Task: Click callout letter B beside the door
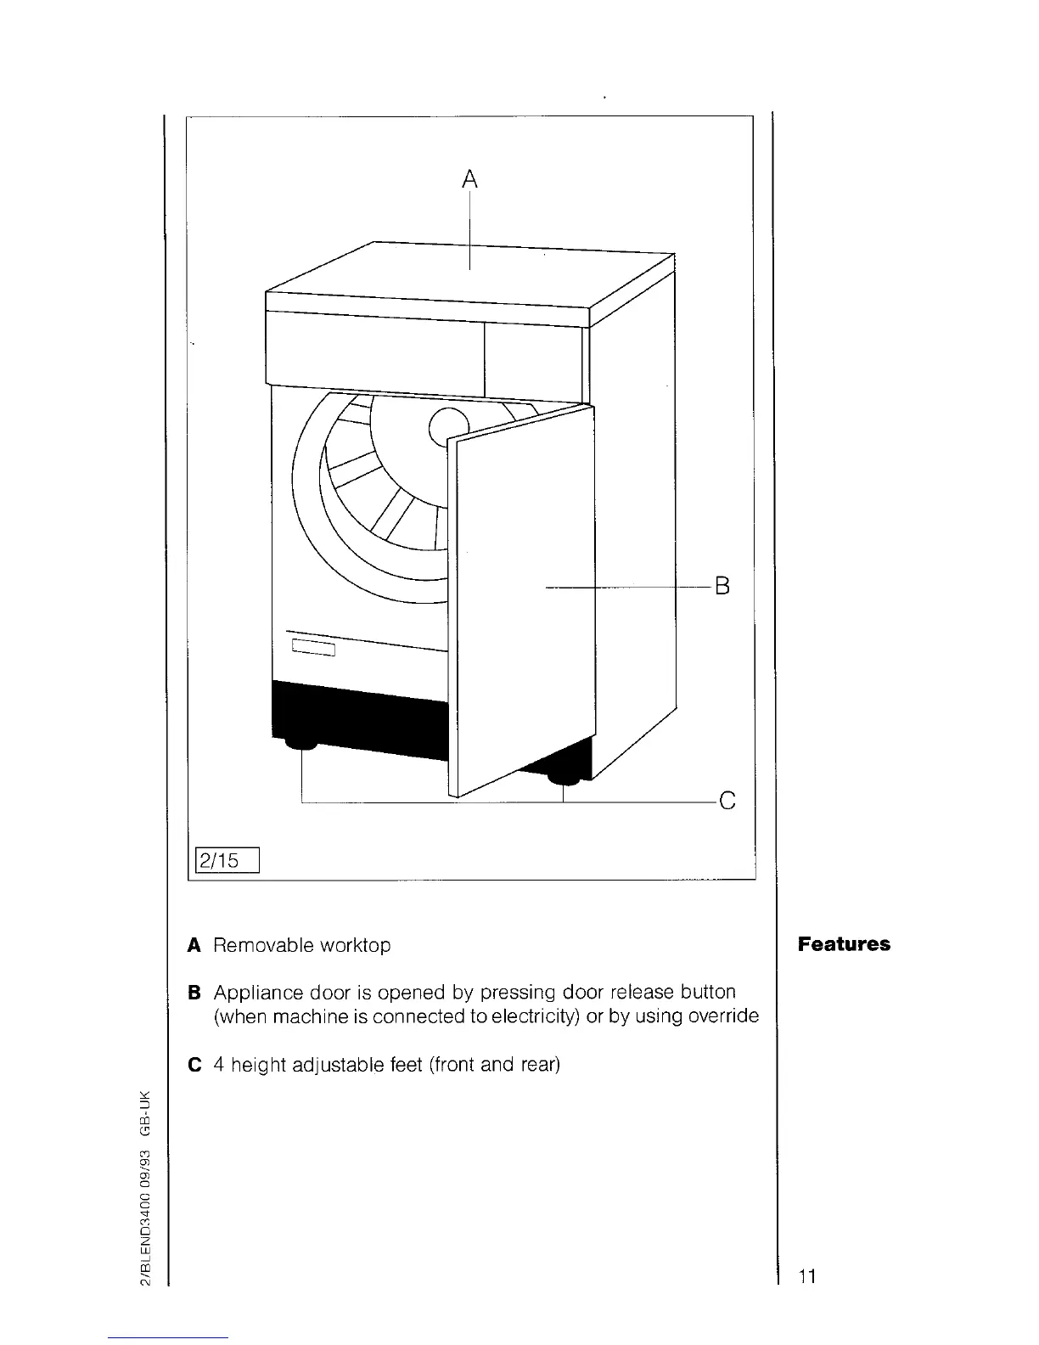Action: click(x=722, y=586)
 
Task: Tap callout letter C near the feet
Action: click(x=726, y=801)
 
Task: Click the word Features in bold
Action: click(x=844, y=944)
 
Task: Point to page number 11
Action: click(x=806, y=1276)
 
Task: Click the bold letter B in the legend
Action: click(x=194, y=993)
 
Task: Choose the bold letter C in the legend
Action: click(x=194, y=1064)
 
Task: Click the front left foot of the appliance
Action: click(x=300, y=745)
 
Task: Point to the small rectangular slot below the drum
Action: click(x=315, y=650)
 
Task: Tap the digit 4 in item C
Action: click(x=218, y=1064)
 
